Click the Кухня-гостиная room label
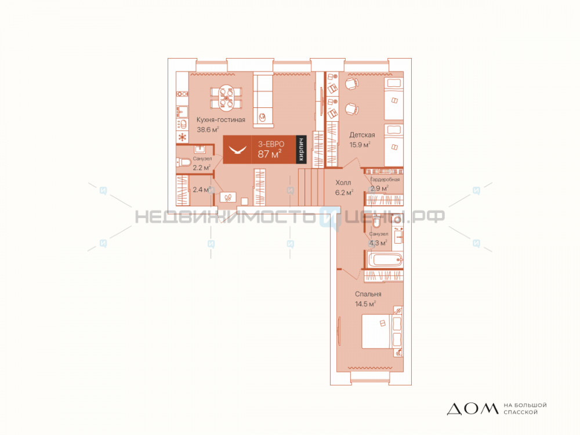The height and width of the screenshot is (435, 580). point(221,120)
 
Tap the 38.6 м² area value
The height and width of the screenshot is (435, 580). point(208,129)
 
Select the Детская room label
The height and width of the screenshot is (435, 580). point(362,135)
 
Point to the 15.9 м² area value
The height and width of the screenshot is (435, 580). point(360,144)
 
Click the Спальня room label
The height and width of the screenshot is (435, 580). point(368,294)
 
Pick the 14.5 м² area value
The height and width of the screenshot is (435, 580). point(365,304)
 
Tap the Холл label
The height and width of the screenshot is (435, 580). point(343,183)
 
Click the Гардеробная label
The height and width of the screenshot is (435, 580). point(385,179)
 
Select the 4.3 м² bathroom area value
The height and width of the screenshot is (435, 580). point(378,243)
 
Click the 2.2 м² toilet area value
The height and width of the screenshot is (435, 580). point(202,167)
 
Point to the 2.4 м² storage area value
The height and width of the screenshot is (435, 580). point(202,190)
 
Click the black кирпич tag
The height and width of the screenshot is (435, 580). point(302,149)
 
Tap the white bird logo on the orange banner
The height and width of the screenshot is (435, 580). point(237,150)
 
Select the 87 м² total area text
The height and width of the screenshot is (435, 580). point(270,154)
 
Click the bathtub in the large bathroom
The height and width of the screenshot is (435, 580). point(385,259)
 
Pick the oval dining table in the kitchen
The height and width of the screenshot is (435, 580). point(226,98)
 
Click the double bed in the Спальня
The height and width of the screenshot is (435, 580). point(380,331)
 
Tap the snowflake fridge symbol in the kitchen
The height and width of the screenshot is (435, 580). point(182,137)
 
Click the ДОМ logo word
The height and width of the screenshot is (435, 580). point(473,409)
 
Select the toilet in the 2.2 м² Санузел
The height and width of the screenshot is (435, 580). point(183,162)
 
